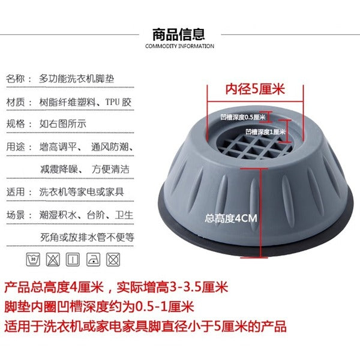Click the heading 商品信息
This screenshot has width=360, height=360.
tap(179, 34)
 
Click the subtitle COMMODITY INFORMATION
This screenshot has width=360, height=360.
tap(179, 46)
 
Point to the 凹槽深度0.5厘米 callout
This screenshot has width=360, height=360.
tap(242, 117)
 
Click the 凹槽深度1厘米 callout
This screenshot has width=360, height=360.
tap(265, 131)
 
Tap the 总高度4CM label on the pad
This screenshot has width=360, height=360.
tap(230, 218)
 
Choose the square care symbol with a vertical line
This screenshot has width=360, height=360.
tap(73, 259)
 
